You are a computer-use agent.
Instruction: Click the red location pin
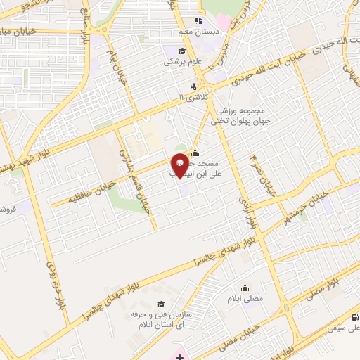180,164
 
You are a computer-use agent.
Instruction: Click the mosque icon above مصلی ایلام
245,288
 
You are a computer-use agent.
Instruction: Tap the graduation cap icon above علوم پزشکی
181,51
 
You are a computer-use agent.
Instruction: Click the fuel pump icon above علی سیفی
356,318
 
